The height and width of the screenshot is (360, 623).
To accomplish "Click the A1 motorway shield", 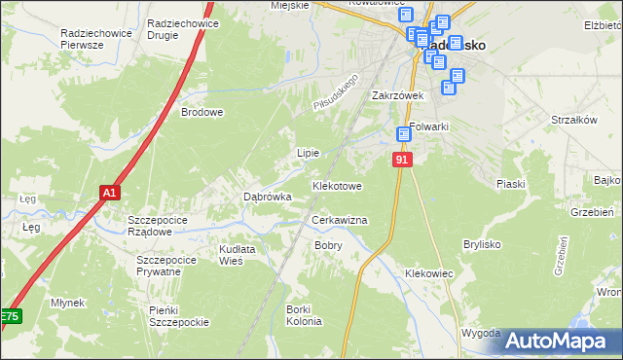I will tap(110, 194).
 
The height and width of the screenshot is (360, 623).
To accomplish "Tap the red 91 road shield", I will tap(403, 158).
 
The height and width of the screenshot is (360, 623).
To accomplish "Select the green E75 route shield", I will tap(9, 317).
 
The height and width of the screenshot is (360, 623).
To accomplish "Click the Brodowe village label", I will tap(202, 112).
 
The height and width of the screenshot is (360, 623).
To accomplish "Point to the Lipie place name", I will tap(308, 153).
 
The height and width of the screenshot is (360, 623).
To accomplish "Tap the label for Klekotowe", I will tap(337, 185).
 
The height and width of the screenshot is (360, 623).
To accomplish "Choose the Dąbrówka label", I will tap(267, 197).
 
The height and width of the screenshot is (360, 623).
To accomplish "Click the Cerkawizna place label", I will tap(339, 221).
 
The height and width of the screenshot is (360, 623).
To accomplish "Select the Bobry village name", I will tap(328, 245).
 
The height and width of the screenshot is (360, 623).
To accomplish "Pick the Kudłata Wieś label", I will tap(237, 255).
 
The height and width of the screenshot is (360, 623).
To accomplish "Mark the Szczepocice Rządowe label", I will tap(164, 226).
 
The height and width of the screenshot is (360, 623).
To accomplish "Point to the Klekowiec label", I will tap(429, 274).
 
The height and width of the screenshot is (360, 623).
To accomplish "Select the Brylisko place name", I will tap(488, 244).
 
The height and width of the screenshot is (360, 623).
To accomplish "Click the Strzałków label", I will tap(572, 120).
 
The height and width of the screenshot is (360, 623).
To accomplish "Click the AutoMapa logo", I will tap(556, 341).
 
